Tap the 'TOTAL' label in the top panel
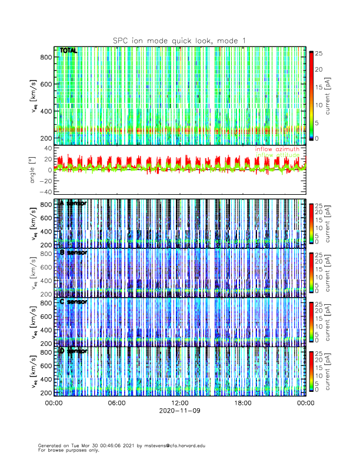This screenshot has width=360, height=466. click(x=68, y=51)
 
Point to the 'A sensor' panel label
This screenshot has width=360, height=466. click(x=73, y=203)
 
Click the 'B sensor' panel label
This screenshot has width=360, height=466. click(x=73, y=252)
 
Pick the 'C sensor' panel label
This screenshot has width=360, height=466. click(x=73, y=301)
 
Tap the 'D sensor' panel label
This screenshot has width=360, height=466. click(x=73, y=351)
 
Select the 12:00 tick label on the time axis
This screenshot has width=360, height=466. click(x=179, y=403)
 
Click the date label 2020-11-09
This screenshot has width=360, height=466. click(x=179, y=411)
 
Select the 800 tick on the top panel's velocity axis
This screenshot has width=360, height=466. click(x=45, y=56)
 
